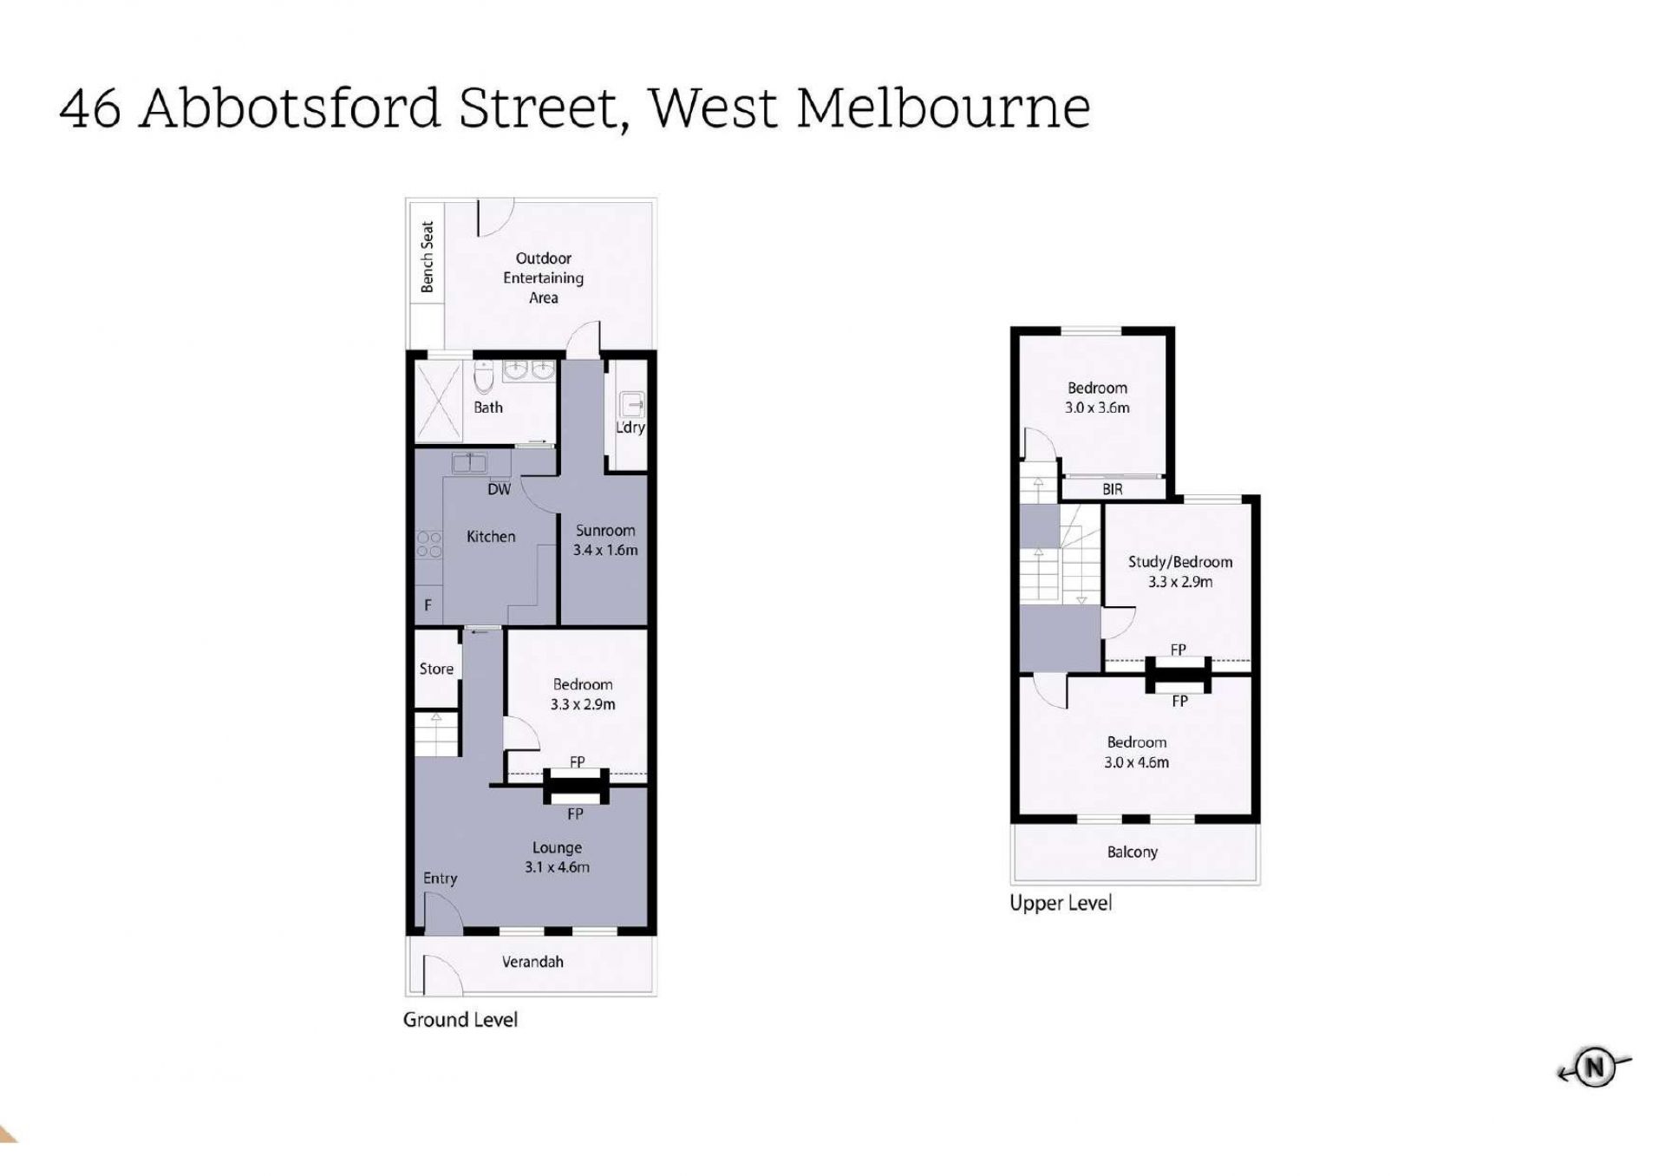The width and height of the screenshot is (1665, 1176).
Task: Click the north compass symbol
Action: coord(1594,1068)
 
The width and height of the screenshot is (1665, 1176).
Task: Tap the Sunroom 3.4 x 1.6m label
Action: coord(605,539)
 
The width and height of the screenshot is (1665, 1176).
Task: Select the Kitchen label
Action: coord(491,537)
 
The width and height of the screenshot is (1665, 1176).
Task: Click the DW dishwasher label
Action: coord(499,489)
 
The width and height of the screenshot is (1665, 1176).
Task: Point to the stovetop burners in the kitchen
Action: coord(429,544)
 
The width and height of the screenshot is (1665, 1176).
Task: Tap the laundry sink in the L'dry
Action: coord(630,403)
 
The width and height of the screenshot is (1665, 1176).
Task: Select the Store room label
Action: coord(436,669)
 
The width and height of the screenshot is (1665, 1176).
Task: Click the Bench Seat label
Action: coord(428,257)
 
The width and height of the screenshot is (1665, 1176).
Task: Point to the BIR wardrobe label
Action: coord(1113,489)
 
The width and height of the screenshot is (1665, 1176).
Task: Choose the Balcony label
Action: coord(1133,852)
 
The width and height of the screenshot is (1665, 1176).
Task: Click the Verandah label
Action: coord(532,961)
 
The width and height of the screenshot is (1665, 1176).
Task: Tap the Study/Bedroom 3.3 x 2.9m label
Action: coord(1180,572)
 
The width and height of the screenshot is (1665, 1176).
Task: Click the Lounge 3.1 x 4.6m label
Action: coord(557,857)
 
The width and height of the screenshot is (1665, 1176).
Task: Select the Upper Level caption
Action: coord(1061,904)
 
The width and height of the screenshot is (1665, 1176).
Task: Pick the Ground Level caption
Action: coord(460,1020)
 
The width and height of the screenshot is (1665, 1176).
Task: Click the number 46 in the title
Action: coord(90,108)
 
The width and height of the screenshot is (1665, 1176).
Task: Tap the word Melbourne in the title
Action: coord(943,108)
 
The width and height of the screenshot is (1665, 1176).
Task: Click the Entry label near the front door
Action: coord(440,879)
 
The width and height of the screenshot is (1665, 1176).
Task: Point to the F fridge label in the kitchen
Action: coord(428,605)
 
